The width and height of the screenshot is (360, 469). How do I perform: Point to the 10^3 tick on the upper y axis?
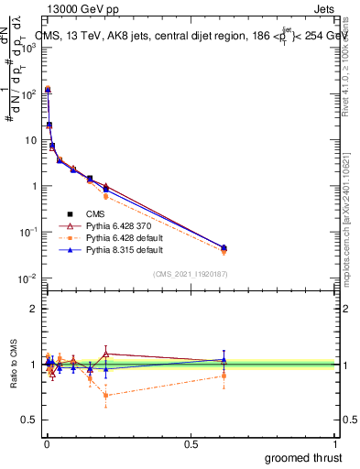click(29, 48)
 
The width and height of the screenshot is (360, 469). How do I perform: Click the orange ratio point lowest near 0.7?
click(106, 396)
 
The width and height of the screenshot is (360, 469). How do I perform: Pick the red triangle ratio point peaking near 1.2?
click(106, 354)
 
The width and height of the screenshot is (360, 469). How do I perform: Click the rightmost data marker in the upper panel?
click(224, 248)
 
